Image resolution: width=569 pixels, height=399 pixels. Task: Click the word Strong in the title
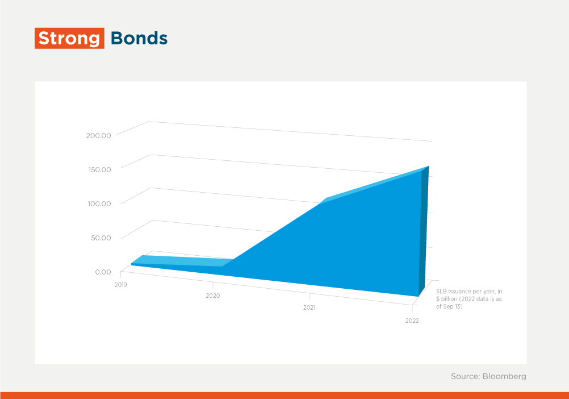coord(69,39)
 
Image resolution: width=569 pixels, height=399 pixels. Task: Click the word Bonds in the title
coord(139,38)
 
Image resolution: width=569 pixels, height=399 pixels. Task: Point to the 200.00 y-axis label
coord(98,135)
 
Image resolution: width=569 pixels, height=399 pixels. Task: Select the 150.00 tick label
coord(99,169)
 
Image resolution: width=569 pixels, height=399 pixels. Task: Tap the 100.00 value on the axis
coord(99,203)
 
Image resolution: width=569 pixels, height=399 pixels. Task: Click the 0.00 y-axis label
coord(103,272)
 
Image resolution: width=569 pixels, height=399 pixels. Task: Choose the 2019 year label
coord(121,285)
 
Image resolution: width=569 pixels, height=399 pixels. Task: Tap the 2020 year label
coord(212,296)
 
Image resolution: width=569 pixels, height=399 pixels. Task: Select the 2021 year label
coord(309,308)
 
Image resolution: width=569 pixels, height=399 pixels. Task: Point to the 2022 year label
coord(412,321)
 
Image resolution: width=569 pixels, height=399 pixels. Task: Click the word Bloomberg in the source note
coord(504,376)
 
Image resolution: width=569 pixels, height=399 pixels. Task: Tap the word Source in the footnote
coord(465,376)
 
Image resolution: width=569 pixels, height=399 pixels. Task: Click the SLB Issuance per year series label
coord(469,299)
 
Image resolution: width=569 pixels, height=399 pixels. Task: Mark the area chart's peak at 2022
coord(429,167)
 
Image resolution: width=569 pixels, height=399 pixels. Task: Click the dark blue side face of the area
coord(424,232)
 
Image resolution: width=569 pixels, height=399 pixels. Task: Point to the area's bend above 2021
coord(326,198)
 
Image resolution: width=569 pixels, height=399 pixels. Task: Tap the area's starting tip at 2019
coord(131,264)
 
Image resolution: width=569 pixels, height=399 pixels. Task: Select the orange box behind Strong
coord(69,38)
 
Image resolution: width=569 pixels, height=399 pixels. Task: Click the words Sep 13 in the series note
coord(453,306)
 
